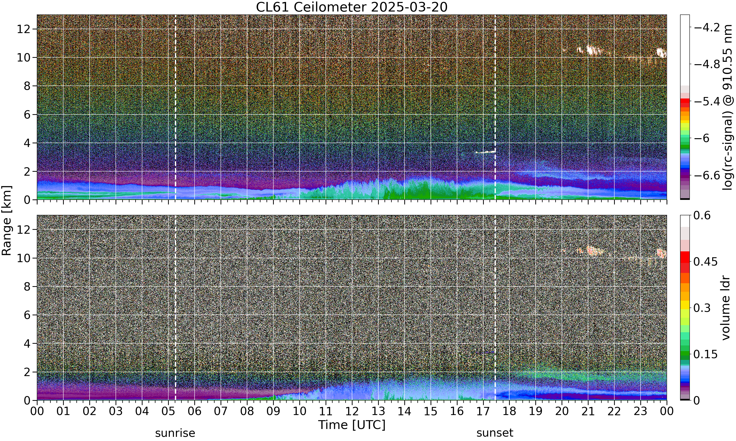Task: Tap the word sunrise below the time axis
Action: (175, 433)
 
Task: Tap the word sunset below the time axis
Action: (495, 433)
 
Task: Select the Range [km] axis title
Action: (7, 220)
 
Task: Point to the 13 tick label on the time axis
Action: (378, 411)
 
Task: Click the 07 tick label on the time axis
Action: (221, 411)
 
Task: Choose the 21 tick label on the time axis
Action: (588, 411)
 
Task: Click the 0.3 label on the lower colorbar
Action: (702, 308)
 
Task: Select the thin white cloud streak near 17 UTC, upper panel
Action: (486, 152)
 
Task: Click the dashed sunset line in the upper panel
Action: (495, 107)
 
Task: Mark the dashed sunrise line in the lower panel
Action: (175, 307)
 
